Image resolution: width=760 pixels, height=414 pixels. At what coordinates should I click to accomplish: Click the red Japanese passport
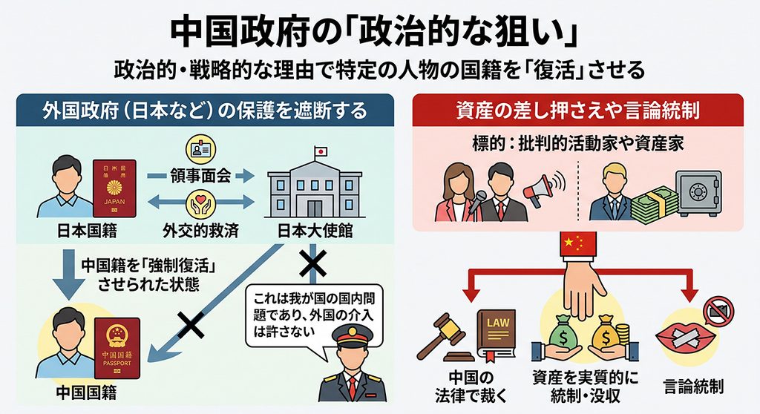[x=114, y=188]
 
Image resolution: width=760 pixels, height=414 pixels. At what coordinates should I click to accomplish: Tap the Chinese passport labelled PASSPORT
[x=117, y=347]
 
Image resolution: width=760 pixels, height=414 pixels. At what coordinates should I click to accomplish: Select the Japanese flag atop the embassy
[x=320, y=151]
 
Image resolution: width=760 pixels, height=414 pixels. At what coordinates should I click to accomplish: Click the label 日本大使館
[x=315, y=231]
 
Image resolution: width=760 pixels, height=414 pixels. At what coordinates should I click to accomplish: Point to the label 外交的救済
[x=200, y=231]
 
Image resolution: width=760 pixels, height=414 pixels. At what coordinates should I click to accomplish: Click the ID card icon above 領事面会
[x=200, y=151]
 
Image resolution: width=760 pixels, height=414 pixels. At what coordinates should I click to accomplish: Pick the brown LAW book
[x=497, y=335]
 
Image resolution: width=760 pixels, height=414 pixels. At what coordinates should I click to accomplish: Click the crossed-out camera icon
[x=719, y=310]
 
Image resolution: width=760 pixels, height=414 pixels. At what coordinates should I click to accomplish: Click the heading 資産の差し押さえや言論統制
[x=577, y=111]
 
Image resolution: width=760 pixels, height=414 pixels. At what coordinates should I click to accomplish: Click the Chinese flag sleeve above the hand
[x=577, y=244]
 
